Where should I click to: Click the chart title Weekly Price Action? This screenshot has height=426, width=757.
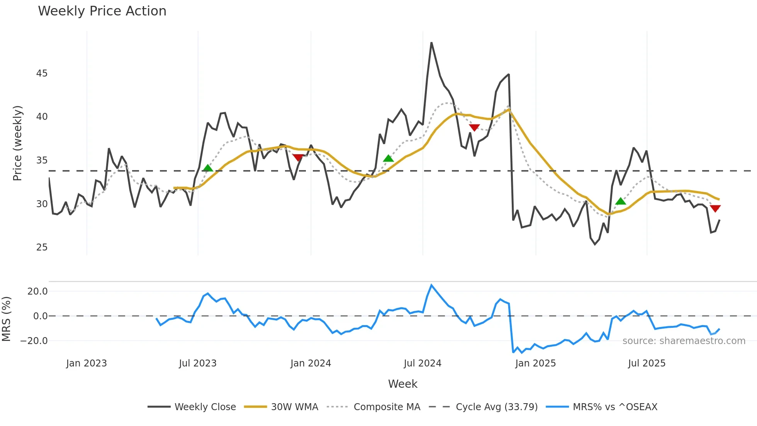click(102, 11)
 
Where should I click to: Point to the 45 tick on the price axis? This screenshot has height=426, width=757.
click(42, 73)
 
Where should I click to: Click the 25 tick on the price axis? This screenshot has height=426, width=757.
click(42, 247)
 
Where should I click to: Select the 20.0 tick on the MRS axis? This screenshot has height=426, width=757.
click(37, 291)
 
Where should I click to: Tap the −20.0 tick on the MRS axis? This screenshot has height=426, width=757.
click(34, 341)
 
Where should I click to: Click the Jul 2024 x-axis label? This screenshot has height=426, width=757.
click(423, 363)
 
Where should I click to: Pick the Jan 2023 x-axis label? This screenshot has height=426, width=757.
click(87, 363)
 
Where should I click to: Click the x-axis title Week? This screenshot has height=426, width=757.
click(402, 384)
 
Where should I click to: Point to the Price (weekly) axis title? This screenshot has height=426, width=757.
click(18, 143)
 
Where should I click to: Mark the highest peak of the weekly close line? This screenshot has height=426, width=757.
click(431, 43)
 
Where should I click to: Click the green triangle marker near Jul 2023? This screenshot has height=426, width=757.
click(208, 168)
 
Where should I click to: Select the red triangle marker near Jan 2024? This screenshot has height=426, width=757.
click(298, 157)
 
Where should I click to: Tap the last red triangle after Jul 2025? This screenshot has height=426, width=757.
click(715, 209)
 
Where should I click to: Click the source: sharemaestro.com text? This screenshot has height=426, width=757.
click(684, 341)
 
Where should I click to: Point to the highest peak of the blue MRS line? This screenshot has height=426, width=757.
click(431, 285)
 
